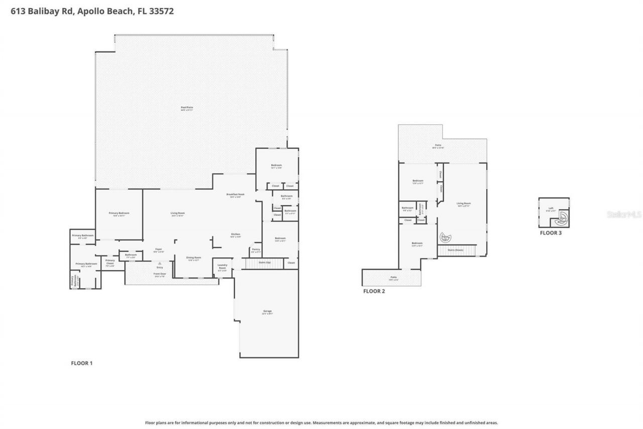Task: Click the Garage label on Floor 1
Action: click(267, 311)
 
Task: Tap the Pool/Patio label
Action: click(187, 108)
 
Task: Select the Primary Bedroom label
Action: click(119, 213)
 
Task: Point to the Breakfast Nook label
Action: click(235, 195)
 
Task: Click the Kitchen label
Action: click(236, 235)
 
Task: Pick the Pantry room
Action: click(256, 250)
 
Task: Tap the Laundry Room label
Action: click(223, 267)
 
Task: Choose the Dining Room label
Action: click(193, 258)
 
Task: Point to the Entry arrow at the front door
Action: click(160, 263)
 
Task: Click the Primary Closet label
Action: click(110, 262)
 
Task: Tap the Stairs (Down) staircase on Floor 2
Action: click(457, 250)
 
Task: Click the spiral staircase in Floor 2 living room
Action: click(446, 237)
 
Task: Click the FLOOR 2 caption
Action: click(374, 291)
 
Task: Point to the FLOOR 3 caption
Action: click(551, 233)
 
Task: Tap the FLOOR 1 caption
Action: click(81, 363)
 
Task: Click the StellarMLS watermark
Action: click(624, 214)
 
